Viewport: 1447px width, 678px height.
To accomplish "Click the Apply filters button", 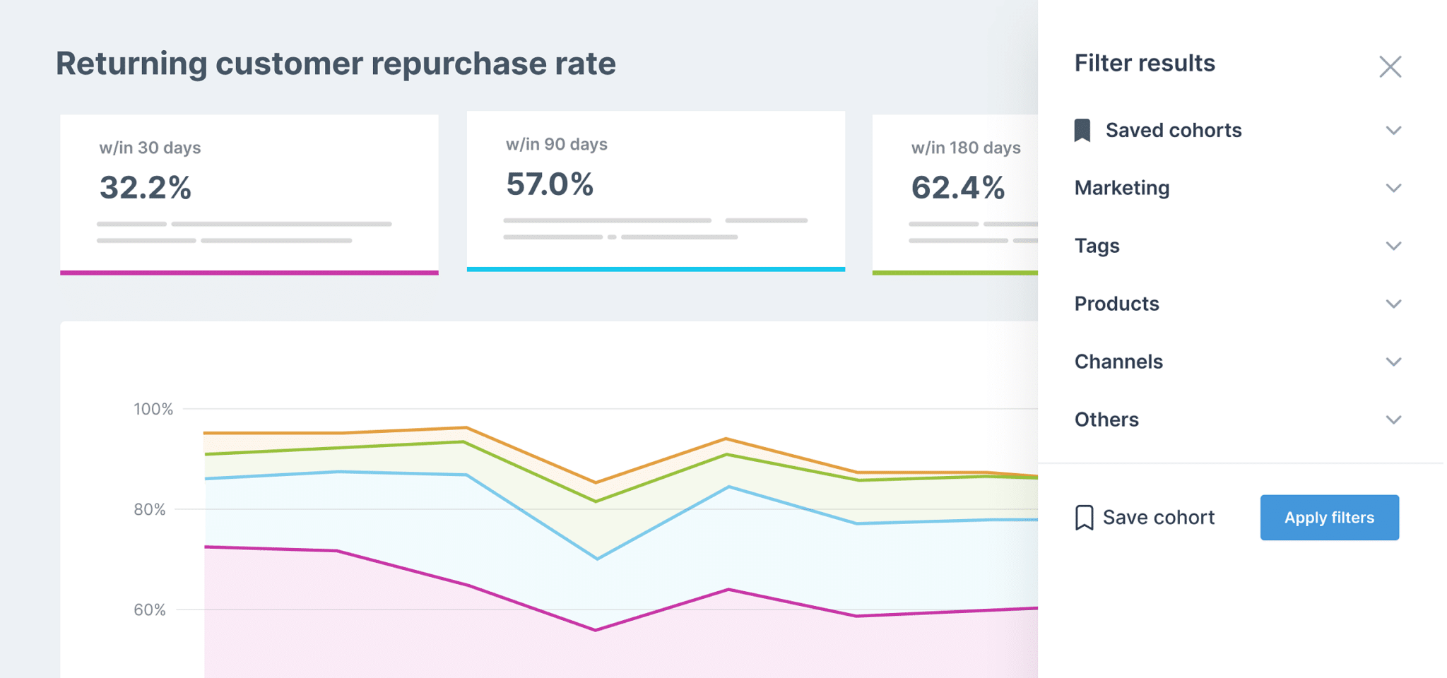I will point(1329,518).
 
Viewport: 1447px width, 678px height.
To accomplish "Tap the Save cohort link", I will point(1157,518).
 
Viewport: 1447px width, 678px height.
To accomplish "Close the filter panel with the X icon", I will point(1390,67).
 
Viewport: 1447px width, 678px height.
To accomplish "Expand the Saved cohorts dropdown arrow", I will point(1393,131).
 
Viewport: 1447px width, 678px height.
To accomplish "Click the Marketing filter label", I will point(1122,188).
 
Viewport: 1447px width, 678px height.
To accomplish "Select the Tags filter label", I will point(1097,246).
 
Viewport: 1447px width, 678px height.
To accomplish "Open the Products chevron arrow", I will point(1393,304).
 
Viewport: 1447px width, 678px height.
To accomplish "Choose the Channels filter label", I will point(1118,362).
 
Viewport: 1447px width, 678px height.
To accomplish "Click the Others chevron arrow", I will point(1393,420).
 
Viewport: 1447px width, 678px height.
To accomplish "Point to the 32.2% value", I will point(146,188).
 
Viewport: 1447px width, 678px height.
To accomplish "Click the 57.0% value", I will point(550,184).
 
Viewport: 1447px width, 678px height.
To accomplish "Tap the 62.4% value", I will point(957,188).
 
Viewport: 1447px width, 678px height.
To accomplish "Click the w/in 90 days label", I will point(556,144).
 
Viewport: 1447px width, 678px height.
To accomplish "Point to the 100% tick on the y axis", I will point(153,409).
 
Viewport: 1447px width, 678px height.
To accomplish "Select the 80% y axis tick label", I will point(150,509).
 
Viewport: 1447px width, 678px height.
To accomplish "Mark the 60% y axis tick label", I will point(150,609).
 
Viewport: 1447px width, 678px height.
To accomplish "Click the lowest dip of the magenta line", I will point(596,630).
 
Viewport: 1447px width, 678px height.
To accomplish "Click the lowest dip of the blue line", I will point(598,559).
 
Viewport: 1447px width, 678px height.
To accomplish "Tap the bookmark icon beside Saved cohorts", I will point(1082,131).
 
